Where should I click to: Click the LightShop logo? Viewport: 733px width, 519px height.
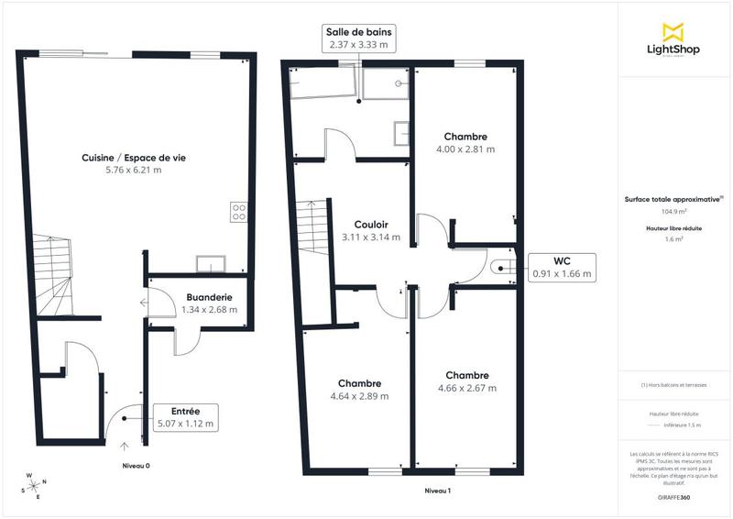[674, 42]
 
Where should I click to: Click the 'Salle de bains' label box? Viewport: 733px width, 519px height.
[357, 38]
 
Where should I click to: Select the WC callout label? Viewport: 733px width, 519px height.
[563, 267]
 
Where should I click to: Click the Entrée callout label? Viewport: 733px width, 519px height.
[185, 416]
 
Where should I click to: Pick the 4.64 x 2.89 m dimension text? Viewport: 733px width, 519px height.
[359, 396]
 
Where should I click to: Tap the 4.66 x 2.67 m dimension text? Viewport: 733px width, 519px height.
[466, 388]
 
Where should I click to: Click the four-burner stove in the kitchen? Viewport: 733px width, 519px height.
[239, 212]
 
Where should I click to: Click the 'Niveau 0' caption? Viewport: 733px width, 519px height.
[136, 466]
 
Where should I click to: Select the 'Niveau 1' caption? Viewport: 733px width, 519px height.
[437, 491]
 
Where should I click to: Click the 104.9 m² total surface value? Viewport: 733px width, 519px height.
[674, 211]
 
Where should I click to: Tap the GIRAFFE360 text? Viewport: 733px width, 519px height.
[673, 494]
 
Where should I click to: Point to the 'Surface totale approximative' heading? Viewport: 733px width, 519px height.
[673, 198]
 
